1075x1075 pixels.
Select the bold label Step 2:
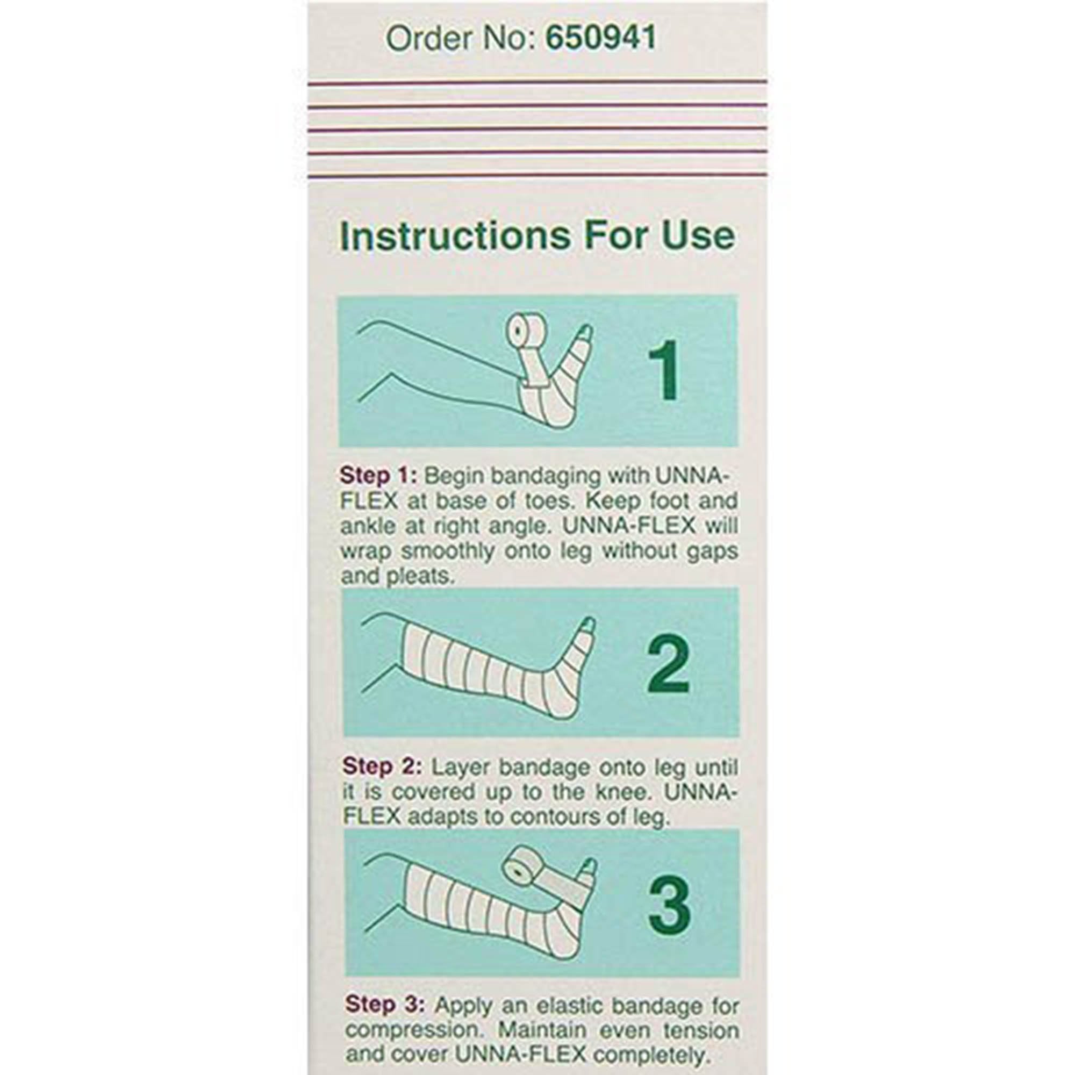pyautogui.click(x=382, y=767)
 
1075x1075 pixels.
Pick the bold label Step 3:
pyautogui.click(x=384, y=1005)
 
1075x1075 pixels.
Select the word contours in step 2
pyautogui.click(x=548, y=817)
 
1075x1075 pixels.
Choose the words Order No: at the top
pyautogui.click(x=460, y=38)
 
